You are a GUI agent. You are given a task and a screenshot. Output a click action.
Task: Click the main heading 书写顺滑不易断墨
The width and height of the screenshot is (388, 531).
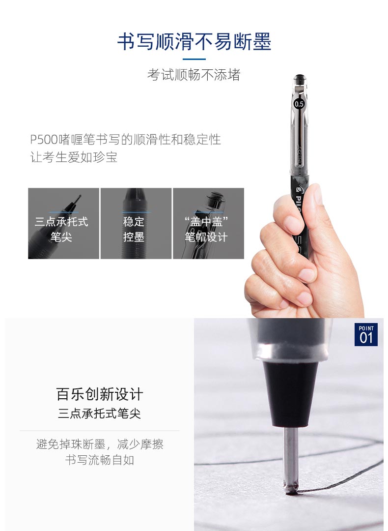[x=194, y=42]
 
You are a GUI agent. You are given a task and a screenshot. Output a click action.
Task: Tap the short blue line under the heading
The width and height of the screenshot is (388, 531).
[x=194, y=59]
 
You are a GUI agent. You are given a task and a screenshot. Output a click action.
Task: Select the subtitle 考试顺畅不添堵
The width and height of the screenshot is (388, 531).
[x=194, y=75]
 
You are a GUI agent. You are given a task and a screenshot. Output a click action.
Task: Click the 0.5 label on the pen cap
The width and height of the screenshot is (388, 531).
[x=299, y=104]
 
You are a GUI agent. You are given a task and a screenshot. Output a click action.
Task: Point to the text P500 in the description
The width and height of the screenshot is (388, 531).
[x=44, y=139]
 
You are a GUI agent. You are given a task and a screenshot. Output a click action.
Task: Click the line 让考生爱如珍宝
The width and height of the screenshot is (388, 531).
[x=74, y=157]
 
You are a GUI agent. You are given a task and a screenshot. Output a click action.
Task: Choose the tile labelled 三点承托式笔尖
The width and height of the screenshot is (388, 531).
[x=63, y=224]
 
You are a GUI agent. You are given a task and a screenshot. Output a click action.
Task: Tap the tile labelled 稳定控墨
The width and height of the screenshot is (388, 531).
[x=136, y=224]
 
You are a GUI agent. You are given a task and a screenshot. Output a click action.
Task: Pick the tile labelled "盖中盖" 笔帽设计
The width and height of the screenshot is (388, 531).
[x=208, y=224]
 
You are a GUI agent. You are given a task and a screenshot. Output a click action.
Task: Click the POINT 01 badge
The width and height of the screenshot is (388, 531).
[x=366, y=335]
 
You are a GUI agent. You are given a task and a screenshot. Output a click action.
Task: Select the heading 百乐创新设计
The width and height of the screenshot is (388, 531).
[x=99, y=394]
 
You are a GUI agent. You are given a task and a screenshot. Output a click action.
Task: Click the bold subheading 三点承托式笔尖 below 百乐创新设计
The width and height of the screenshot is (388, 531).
[x=99, y=413]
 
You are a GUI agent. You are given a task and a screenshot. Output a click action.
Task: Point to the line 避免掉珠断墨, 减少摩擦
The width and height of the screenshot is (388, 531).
[x=99, y=444]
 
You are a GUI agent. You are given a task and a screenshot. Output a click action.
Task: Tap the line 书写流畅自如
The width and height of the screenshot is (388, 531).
[x=99, y=460]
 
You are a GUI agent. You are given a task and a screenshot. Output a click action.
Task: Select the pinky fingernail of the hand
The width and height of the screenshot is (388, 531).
[x=304, y=298]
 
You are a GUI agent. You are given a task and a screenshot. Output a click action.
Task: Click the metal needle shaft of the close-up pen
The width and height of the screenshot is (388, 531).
[x=291, y=454]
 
